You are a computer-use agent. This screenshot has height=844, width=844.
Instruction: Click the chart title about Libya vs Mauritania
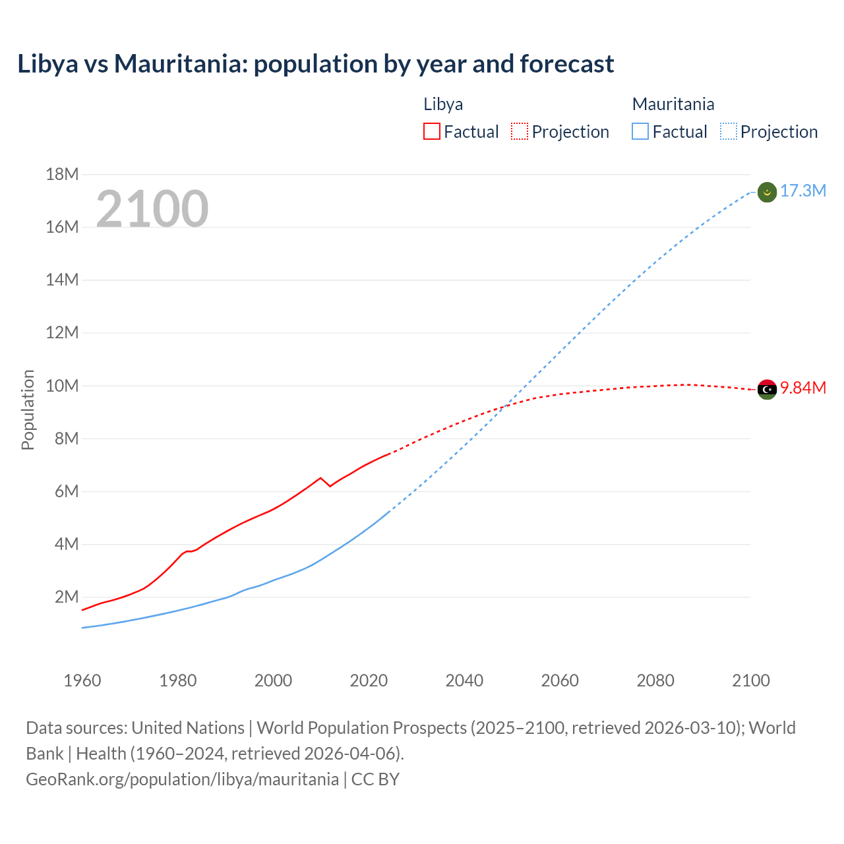point(315,64)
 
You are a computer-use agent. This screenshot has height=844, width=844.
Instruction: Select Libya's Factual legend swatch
point(431,131)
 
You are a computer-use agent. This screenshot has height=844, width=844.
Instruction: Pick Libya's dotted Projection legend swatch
point(520,131)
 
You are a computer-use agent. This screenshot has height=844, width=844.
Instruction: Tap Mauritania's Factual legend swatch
point(640,131)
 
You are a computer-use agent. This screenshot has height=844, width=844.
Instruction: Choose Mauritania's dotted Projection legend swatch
point(728,131)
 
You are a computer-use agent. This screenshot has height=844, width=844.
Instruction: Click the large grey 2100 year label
point(152,209)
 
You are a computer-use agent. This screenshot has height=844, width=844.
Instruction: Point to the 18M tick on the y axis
point(62,174)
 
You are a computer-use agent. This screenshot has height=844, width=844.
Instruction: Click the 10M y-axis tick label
point(62,386)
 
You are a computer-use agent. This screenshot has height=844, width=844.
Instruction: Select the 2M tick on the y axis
point(66,597)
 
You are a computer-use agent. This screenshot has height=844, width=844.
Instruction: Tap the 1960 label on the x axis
point(82,680)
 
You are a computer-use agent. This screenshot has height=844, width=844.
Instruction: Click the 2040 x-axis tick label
point(464,680)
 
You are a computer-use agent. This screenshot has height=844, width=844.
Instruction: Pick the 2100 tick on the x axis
point(750,680)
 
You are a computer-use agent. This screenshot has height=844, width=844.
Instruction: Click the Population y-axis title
point(28,409)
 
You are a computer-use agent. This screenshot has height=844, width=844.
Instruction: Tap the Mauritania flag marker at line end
point(767,192)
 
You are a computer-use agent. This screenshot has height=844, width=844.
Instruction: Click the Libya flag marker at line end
point(767,389)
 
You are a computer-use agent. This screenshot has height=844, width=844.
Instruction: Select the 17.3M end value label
point(802,191)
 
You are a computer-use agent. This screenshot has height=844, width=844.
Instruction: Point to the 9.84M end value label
point(802,388)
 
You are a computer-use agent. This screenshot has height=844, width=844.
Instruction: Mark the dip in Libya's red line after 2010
point(330,486)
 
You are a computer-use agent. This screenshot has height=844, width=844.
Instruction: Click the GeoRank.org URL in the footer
point(182,779)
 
